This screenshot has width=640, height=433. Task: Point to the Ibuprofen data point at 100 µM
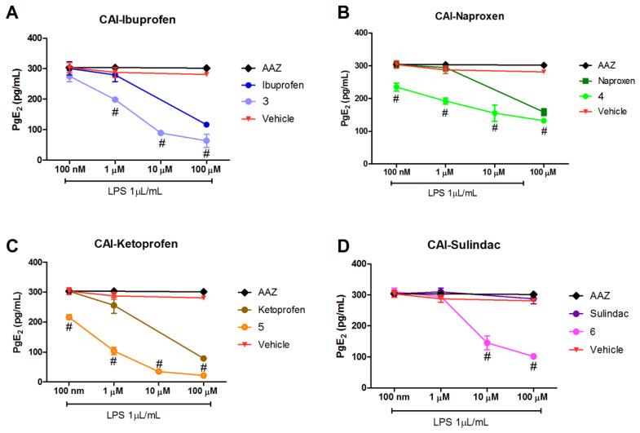coord(206,125)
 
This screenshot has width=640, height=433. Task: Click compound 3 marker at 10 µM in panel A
coord(161,133)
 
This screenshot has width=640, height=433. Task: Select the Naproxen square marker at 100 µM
coord(521,112)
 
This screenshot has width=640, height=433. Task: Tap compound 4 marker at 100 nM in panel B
coord(396,86)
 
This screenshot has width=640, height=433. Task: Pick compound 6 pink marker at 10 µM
coord(487,342)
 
